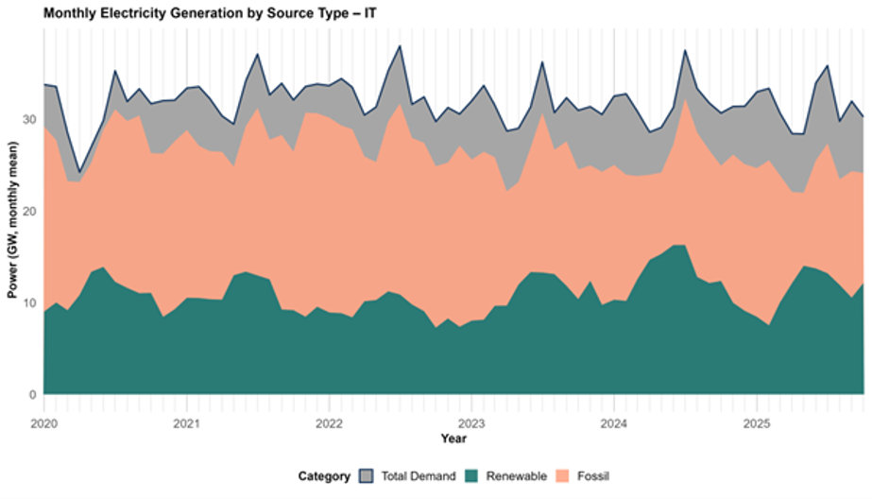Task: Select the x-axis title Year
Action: tap(453, 439)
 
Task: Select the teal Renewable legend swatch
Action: tap(472, 476)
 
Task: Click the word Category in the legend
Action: tap(324, 476)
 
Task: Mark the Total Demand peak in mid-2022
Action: tap(400, 45)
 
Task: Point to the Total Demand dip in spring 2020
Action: tap(79, 173)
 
